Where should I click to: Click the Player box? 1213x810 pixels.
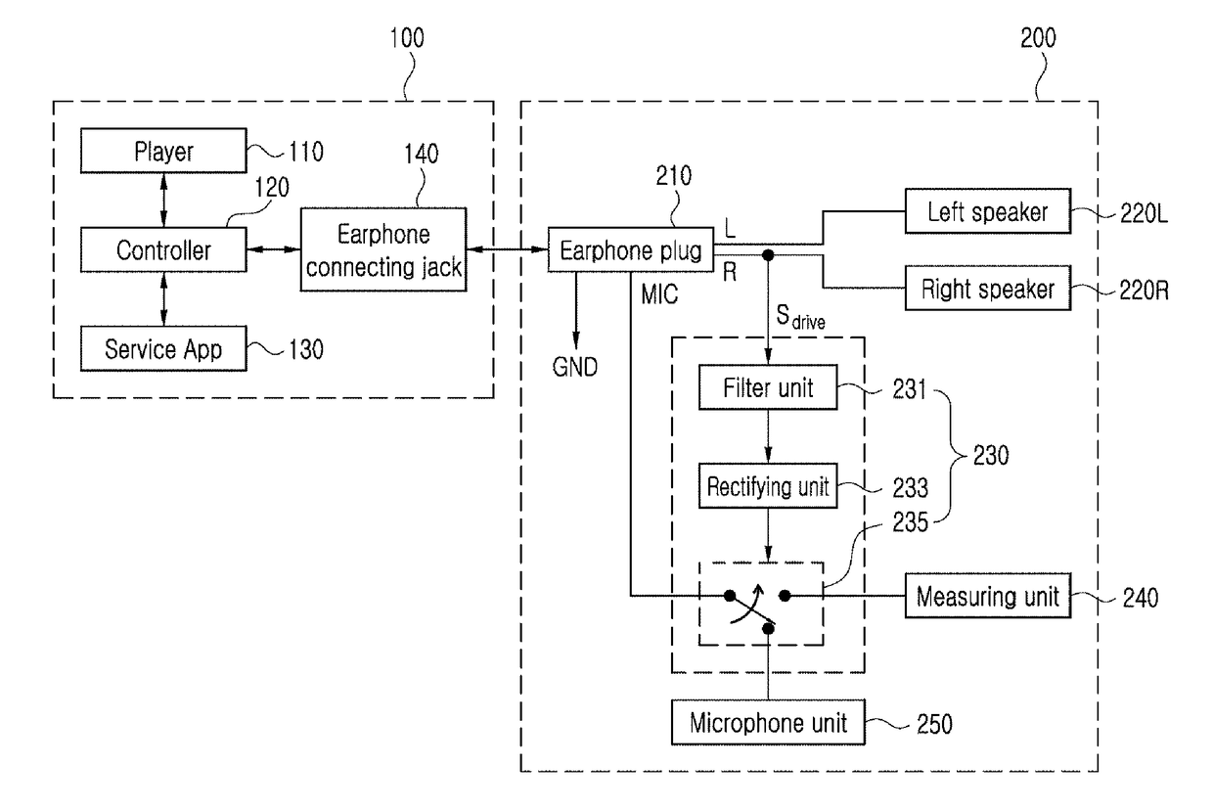(x=163, y=151)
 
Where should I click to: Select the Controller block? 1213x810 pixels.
(x=163, y=249)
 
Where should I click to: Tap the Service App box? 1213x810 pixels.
(x=163, y=348)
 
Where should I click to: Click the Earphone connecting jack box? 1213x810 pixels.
(x=383, y=249)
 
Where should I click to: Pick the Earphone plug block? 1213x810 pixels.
(x=631, y=249)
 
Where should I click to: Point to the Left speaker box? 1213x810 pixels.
(x=988, y=211)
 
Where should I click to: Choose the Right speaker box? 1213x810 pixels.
(x=988, y=288)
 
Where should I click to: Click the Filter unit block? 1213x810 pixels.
(x=768, y=387)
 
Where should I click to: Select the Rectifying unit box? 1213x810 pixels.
(x=768, y=485)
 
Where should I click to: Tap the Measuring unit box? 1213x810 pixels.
(x=988, y=596)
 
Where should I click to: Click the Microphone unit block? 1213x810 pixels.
(x=768, y=722)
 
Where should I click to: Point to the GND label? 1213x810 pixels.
(x=575, y=367)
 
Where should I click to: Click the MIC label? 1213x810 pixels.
(x=659, y=294)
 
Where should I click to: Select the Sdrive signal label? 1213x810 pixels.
(x=800, y=317)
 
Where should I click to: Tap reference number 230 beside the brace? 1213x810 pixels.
(x=991, y=455)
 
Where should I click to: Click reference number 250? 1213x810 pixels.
(x=934, y=724)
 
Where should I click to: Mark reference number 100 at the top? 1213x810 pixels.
(x=407, y=38)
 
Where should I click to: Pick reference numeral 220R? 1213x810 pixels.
(x=1144, y=291)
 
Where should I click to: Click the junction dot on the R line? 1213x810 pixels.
(x=768, y=255)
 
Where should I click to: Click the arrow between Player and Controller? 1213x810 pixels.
(x=164, y=201)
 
